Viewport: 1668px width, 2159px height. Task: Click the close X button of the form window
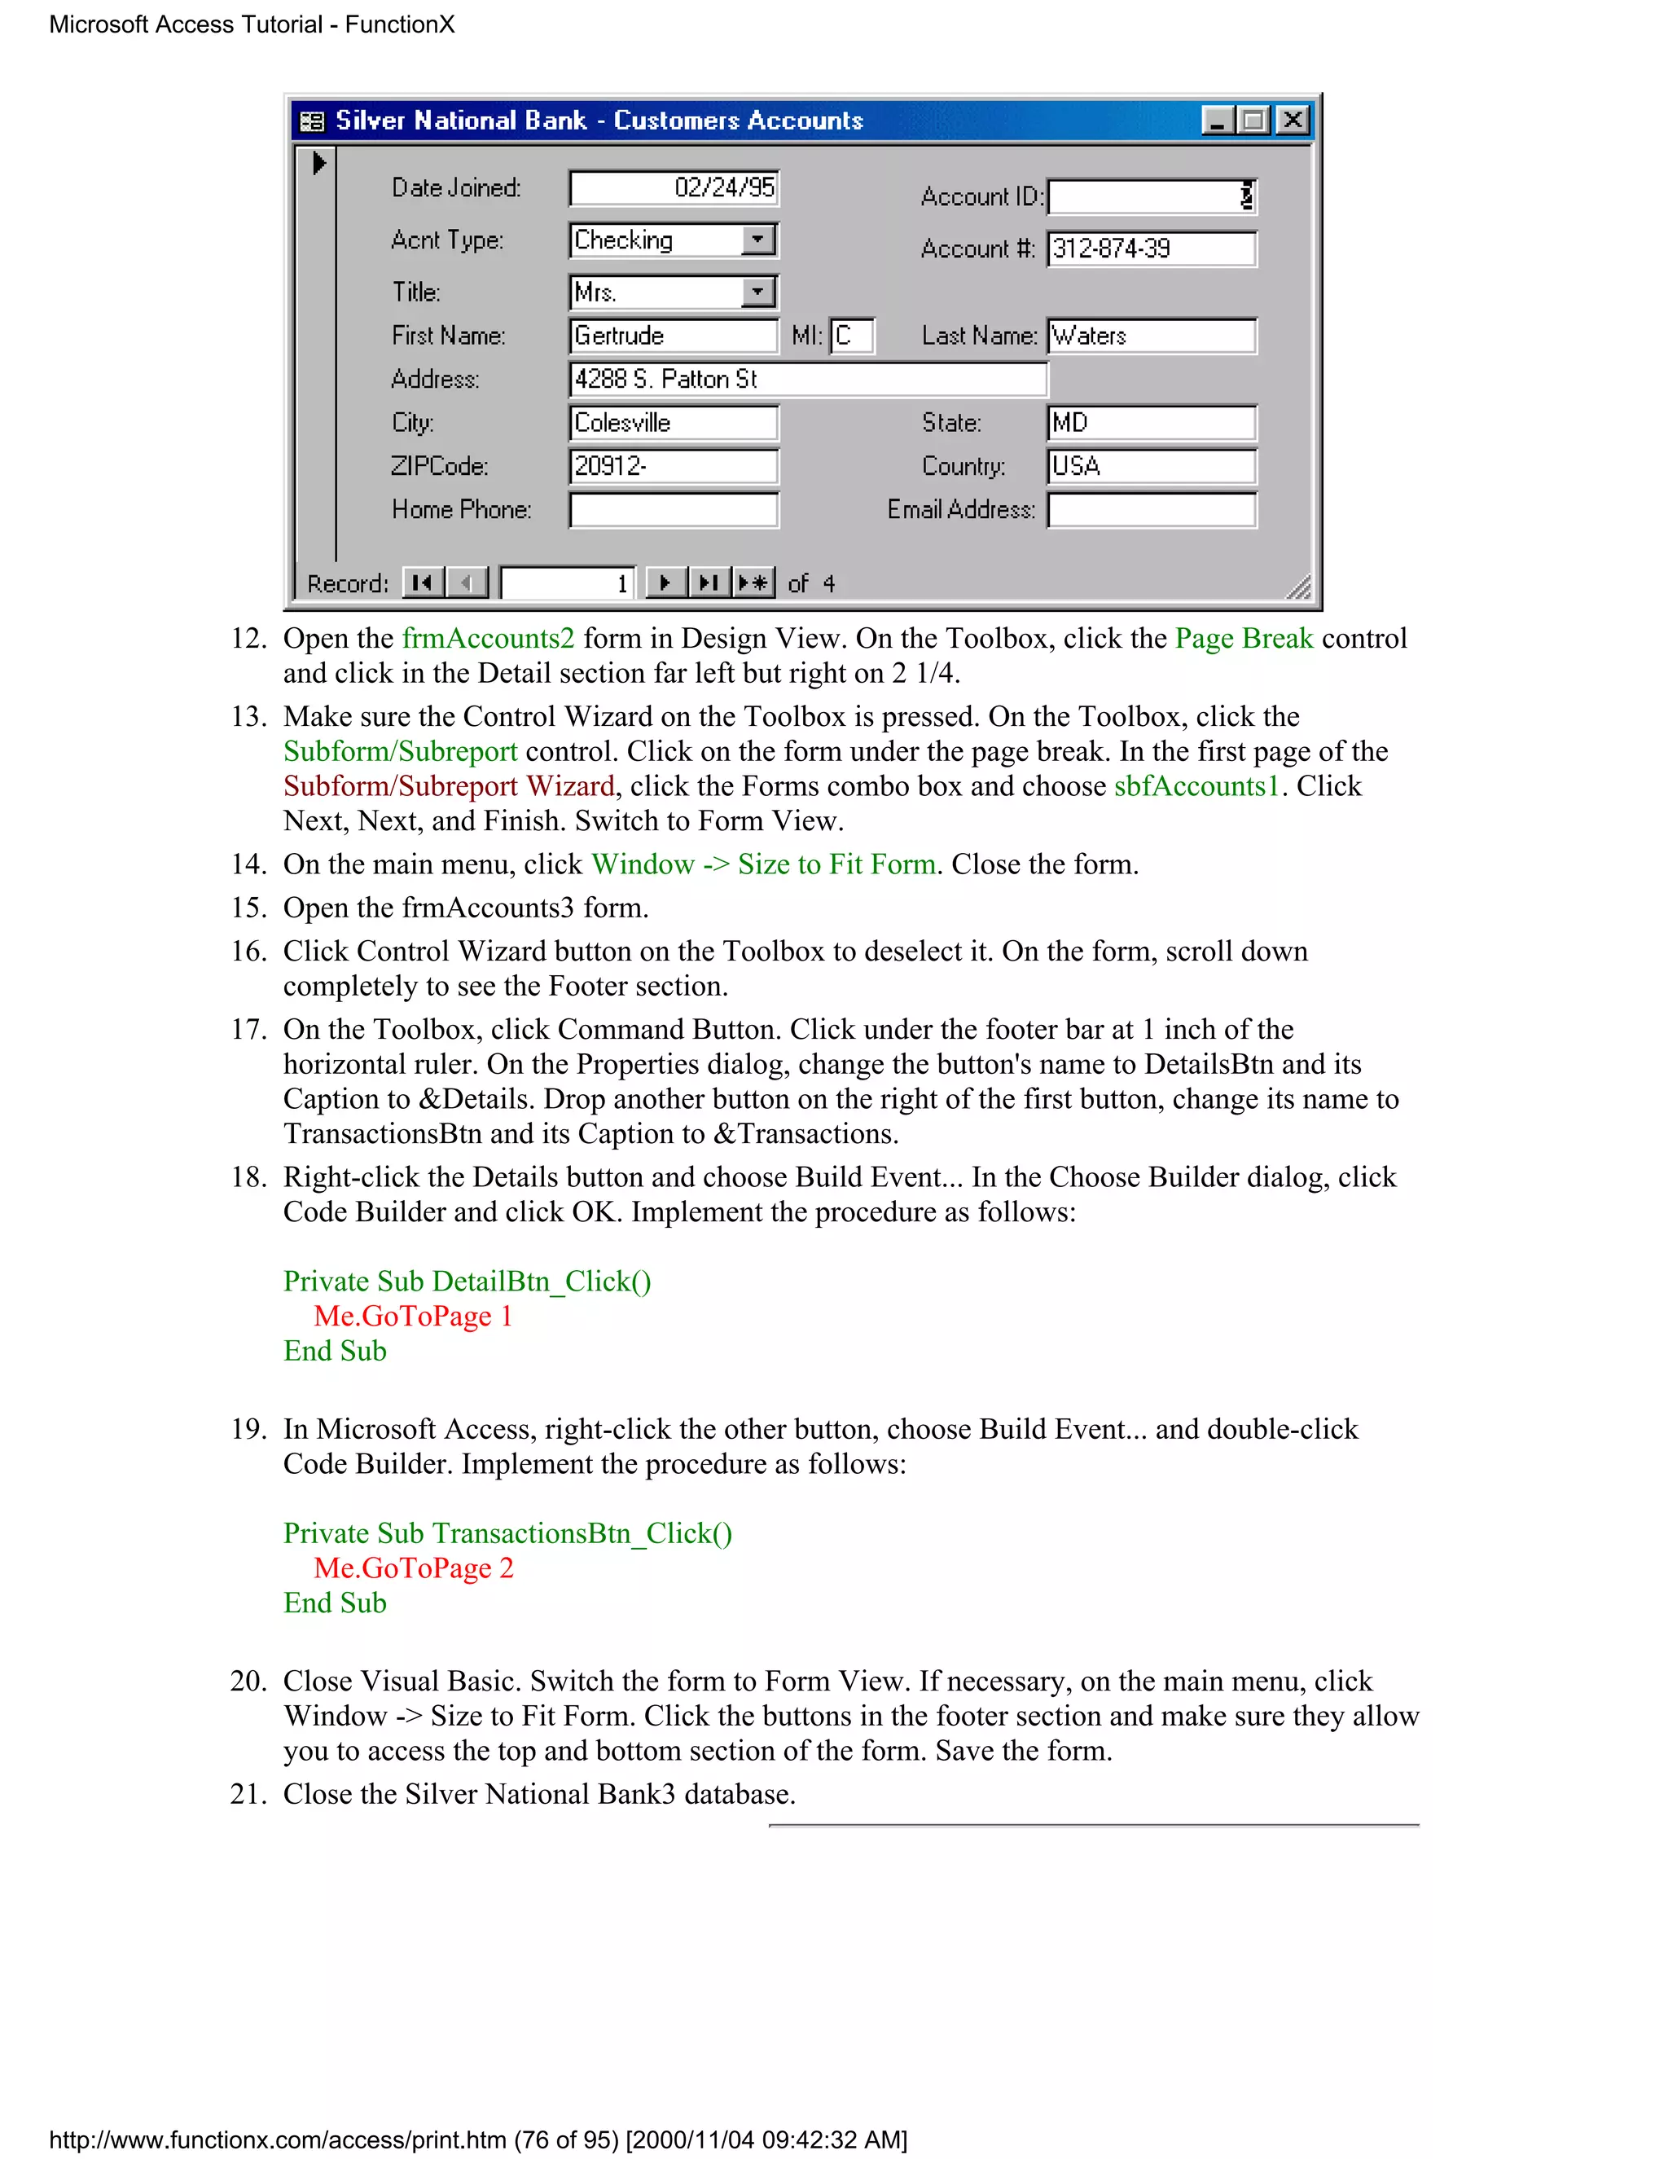click(x=1292, y=121)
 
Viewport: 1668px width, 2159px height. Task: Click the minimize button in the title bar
click(x=1218, y=121)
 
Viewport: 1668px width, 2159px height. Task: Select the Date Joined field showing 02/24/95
click(x=674, y=188)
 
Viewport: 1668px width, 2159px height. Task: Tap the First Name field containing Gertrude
click(x=674, y=335)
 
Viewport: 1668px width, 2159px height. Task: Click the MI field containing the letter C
click(x=852, y=335)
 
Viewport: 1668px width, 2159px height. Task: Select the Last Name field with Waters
click(x=1151, y=335)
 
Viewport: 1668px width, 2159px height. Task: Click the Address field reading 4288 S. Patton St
click(x=807, y=379)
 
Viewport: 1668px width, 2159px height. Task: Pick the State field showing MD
click(x=1151, y=422)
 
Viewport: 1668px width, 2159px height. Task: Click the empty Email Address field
click(x=1151, y=510)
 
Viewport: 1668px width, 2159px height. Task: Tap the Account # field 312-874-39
click(x=1151, y=248)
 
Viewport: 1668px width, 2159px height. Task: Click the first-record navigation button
click(x=423, y=583)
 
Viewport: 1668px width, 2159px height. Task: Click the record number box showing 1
click(x=567, y=583)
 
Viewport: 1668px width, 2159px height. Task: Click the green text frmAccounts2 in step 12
click(x=488, y=639)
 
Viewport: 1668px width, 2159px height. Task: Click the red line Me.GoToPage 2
click(x=414, y=1568)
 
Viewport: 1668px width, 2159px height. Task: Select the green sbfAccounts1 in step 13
click(x=1196, y=786)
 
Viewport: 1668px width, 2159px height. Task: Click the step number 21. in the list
click(x=249, y=1794)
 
